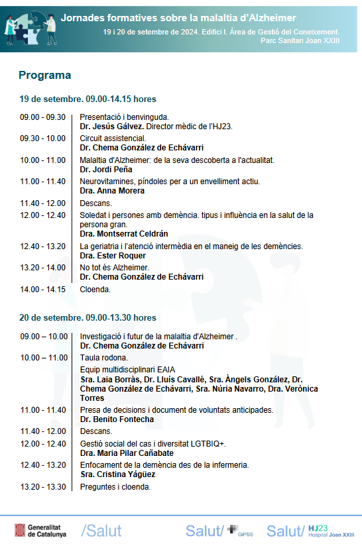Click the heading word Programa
pyautogui.click(x=44, y=76)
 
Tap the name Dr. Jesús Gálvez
pyautogui.click(x=111, y=126)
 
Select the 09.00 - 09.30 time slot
pyautogui.click(x=42, y=117)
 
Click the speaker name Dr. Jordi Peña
pyautogui.click(x=106, y=169)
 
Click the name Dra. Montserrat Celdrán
pyautogui.click(x=124, y=234)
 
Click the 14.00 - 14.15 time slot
pyautogui.click(x=42, y=289)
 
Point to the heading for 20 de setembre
pyautogui.click(x=88, y=318)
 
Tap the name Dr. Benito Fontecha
pyautogui.click(x=117, y=419)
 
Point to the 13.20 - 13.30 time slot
pyautogui.click(x=42, y=487)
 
